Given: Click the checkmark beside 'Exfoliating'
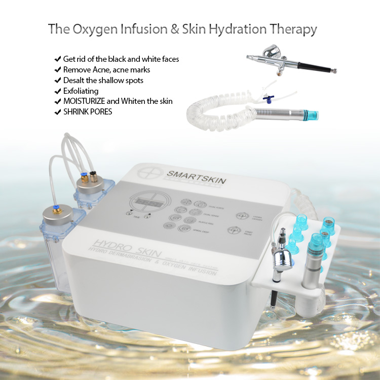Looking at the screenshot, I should [57, 91].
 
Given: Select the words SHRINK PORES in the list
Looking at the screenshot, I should [88, 111].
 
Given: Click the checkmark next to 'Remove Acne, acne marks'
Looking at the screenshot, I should [57, 70].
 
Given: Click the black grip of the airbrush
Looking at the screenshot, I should [314, 66].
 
